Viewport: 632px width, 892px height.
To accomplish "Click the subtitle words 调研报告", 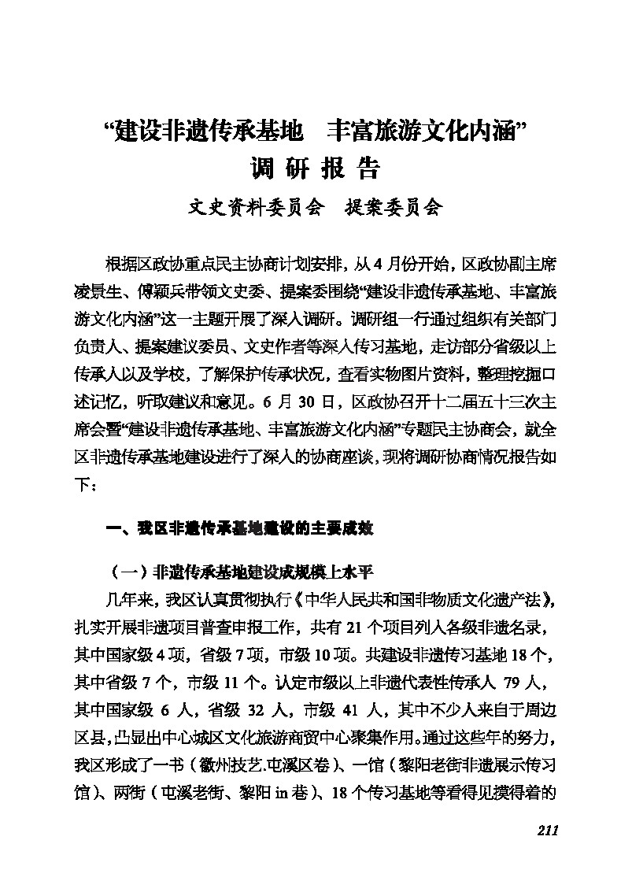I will click(x=315, y=169).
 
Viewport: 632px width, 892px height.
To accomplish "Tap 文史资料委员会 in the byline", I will click(x=257, y=207).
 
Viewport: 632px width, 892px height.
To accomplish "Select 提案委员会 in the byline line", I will click(x=395, y=207).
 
